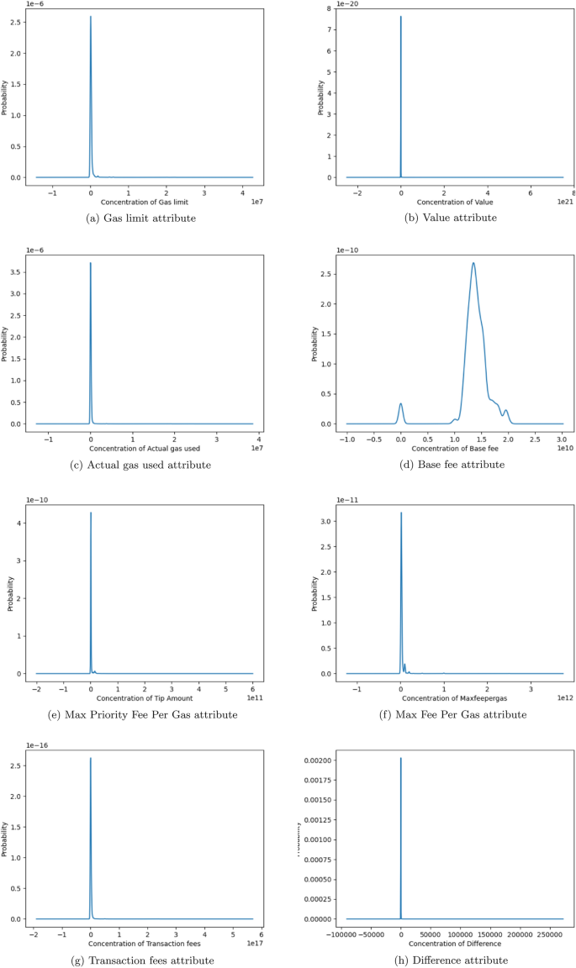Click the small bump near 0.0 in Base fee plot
(401, 404)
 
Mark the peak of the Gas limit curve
(91, 17)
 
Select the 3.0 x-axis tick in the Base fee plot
(562, 438)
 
